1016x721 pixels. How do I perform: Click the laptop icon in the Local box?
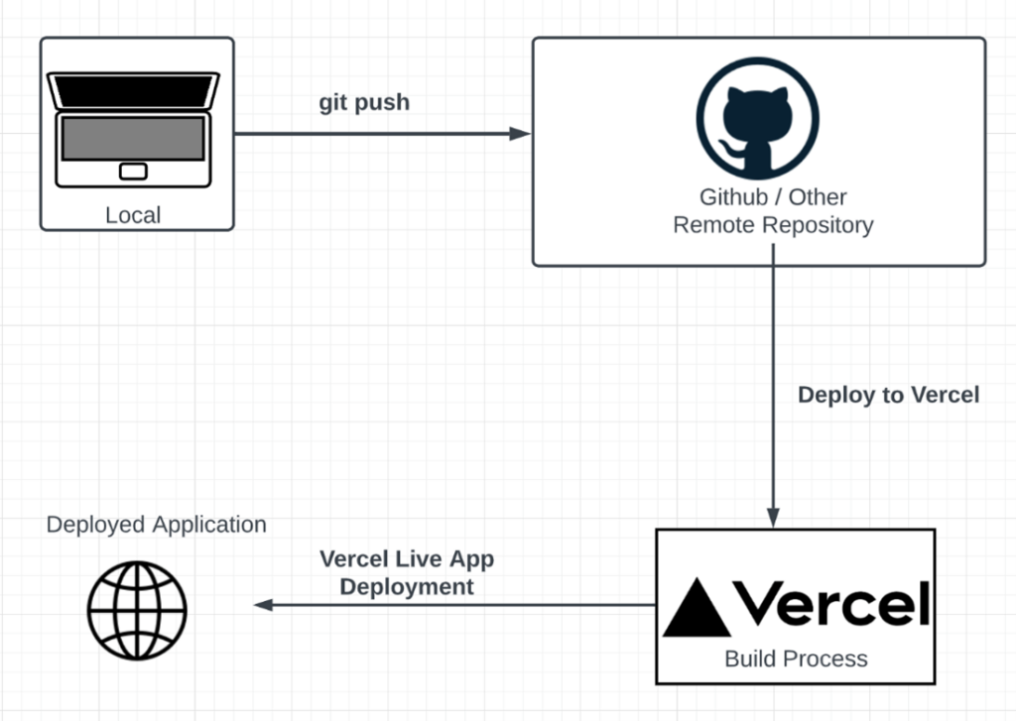click(x=134, y=129)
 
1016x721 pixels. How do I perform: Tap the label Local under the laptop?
click(x=133, y=215)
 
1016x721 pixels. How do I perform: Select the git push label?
click(x=363, y=102)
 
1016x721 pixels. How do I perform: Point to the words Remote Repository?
click(x=773, y=225)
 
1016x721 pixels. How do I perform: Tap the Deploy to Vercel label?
click(x=888, y=395)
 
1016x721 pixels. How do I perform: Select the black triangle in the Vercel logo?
click(x=697, y=608)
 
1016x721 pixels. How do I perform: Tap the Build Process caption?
click(x=796, y=659)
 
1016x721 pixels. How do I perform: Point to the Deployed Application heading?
click(x=157, y=524)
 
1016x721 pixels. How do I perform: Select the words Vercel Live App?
click(x=407, y=558)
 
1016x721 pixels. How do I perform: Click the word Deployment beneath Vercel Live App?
click(x=407, y=586)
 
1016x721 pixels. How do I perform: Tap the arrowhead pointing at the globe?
click(x=263, y=605)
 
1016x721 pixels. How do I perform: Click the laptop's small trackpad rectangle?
click(x=133, y=172)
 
